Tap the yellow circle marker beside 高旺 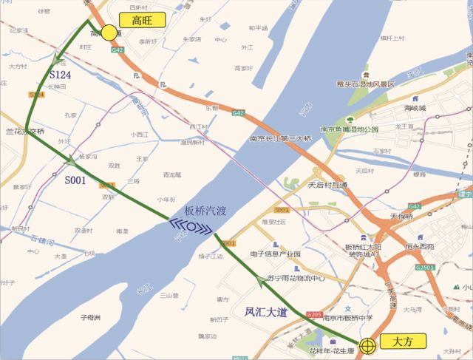[109, 33]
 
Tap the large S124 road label [62, 75]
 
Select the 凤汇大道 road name [267, 312]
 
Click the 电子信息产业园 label [275, 254]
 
